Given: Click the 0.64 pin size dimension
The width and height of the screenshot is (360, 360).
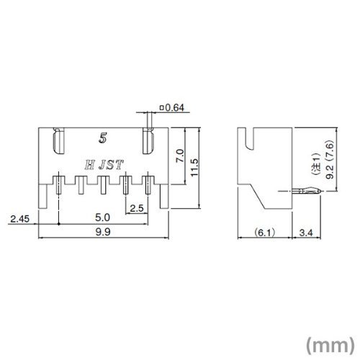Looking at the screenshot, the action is pyautogui.click(x=172, y=108).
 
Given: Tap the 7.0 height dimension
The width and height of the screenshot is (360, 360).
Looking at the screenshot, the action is pyautogui.click(x=180, y=156).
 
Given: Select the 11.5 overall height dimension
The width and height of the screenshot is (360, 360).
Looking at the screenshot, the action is pyautogui.click(x=194, y=168).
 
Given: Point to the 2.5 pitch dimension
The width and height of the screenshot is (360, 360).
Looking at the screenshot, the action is pyautogui.click(x=137, y=208).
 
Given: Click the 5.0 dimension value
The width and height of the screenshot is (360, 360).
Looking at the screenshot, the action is pyautogui.click(x=102, y=217).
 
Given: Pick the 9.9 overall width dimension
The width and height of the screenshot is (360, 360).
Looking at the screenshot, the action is pyautogui.click(x=103, y=232).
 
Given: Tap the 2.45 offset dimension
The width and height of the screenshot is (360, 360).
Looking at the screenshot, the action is pyautogui.click(x=19, y=219).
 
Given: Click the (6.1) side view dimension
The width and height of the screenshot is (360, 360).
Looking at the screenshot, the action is pyautogui.click(x=264, y=233).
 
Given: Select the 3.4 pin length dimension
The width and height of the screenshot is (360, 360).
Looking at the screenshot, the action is pyautogui.click(x=306, y=233).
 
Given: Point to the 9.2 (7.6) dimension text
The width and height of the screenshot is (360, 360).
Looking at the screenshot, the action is pyautogui.click(x=330, y=160).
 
